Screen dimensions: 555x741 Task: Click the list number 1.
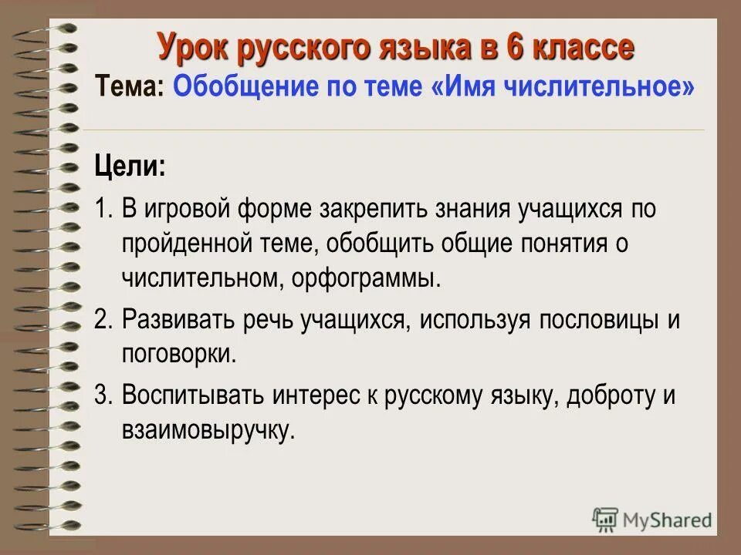pos(103,210)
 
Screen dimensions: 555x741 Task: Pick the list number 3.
pos(103,396)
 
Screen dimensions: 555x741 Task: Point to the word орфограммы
pos(366,278)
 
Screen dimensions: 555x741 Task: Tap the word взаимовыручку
pos(208,431)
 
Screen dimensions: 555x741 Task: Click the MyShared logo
pos(652,520)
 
